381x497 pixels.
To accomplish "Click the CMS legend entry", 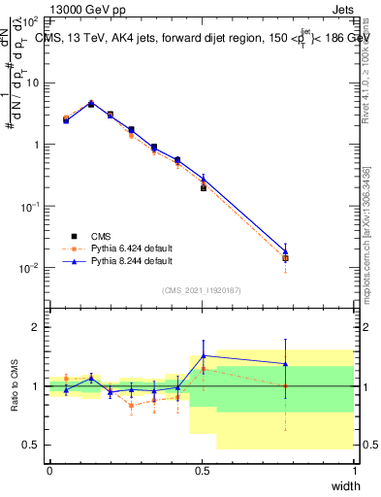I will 102,236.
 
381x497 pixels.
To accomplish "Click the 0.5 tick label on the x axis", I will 202,470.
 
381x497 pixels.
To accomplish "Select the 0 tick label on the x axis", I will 49,470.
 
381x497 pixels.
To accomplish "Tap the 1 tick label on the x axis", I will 355,470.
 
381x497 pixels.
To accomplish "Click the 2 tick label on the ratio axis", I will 34,327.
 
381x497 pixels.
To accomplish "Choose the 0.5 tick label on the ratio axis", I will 30,445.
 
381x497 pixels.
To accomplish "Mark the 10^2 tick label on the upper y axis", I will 29,20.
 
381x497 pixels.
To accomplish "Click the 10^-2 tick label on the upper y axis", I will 29,268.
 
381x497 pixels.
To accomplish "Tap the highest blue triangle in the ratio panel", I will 203,355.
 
